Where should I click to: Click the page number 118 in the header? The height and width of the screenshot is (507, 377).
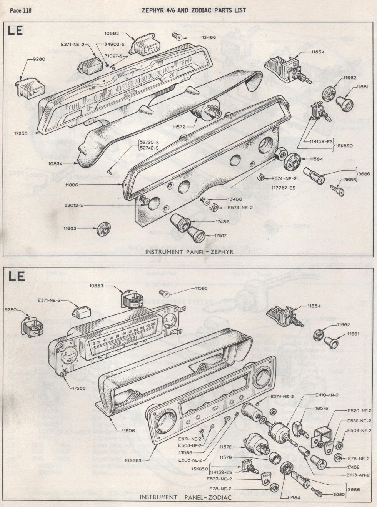click(x=27, y=10)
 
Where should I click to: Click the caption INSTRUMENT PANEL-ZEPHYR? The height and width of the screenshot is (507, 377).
click(x=189, y=252)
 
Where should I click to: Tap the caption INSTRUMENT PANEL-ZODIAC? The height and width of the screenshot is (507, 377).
click(x=186, y=498)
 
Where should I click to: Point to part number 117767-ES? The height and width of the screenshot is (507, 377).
click(x=283, y=188)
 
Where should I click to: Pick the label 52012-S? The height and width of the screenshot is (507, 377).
click(x=74, y=206)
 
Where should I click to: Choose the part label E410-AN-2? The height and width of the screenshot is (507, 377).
click(x=327, y=395)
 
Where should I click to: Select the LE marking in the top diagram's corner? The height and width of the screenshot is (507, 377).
click(x=16, y=31)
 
